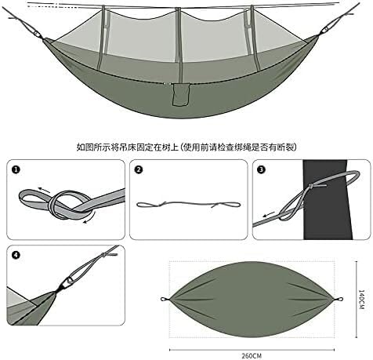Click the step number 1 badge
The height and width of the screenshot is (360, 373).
16,170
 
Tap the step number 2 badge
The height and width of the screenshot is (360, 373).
139,170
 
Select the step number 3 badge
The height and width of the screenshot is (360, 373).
262,170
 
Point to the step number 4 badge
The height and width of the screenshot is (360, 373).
16,255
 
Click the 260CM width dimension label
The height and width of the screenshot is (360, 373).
252,356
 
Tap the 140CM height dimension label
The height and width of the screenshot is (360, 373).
361,300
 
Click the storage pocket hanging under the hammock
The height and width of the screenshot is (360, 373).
180,94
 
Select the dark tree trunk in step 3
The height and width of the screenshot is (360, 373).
327,199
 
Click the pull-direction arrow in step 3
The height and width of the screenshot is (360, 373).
269,215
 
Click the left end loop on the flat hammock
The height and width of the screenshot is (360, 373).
165,300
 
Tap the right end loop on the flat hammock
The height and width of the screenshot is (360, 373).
339,299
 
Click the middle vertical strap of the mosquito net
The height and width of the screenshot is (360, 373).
179,35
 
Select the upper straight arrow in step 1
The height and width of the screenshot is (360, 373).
44,190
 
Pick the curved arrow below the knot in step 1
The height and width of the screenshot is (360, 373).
89,219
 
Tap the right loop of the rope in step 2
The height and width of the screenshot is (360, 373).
229,205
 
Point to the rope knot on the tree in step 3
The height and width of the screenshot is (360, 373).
311,187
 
